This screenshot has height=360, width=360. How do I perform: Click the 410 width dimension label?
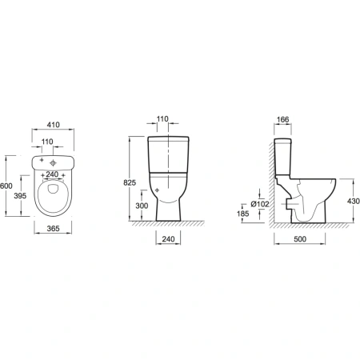[x=54, y=125]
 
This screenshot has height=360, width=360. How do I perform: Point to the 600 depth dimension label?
[x=6, y=186]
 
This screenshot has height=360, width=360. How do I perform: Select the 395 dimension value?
[x=20, y=196]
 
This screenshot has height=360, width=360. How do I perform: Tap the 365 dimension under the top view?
[x=54, y=228]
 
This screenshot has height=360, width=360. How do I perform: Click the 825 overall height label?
[x=130, y=182]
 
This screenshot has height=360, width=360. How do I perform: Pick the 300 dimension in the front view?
[x=142, y=206]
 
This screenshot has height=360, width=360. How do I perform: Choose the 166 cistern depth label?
[x=282, y=119]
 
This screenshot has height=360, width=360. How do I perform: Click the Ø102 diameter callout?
[x=260, y=204]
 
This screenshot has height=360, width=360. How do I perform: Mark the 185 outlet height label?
[x=242, y=214]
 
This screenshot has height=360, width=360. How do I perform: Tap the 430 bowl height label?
[x=354, y=201]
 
